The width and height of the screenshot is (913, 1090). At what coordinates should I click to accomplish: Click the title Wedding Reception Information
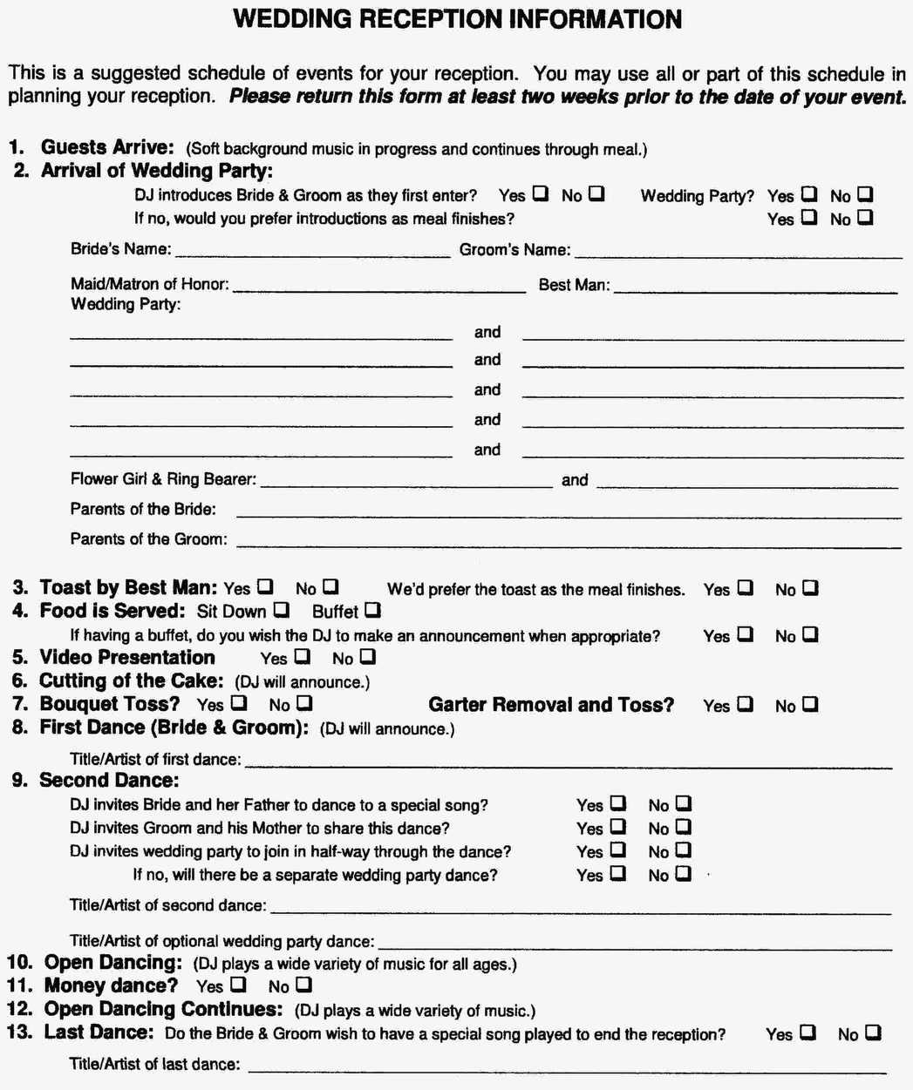(457, 19)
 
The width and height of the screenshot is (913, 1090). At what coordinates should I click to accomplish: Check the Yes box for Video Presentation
(303, 656)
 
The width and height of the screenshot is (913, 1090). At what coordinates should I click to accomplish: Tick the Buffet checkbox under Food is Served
(372, 610)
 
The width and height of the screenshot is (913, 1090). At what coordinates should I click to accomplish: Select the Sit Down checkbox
(282, 610)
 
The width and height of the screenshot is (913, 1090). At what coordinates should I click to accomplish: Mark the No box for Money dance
(303, 985)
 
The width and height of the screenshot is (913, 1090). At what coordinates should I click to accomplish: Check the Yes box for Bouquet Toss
(238, 702)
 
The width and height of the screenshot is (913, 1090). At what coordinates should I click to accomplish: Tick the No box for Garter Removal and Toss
(810, 704)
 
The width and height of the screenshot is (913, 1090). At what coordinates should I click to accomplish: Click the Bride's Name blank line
(312, 253)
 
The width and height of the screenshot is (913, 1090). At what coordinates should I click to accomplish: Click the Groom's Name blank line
(738, 253)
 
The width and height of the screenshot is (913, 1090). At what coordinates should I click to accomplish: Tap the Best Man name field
(755, 288)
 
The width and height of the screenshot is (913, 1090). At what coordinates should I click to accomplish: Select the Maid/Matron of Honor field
(379, 288)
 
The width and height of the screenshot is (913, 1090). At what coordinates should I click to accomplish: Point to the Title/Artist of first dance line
(569, 763)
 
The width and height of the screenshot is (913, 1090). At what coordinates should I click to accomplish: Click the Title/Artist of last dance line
(567, 1068)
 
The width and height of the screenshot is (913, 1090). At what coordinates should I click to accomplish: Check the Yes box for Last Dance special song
(807, 1032)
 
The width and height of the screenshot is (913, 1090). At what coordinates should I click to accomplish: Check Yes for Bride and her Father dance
(617, 803)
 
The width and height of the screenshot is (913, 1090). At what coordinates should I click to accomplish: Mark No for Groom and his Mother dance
(684, 826)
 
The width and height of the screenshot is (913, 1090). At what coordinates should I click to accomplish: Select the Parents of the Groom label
(148, 539)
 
